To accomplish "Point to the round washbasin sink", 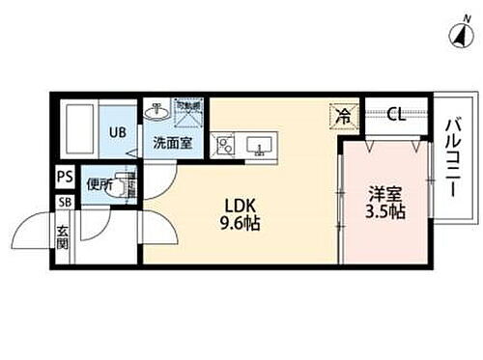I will point(154,111).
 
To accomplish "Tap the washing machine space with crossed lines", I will point(187,112).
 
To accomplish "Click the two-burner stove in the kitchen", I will point(224,147).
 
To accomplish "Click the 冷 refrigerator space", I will point(344,114).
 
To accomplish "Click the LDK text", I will point(241,206).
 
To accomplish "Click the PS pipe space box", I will point(64,178).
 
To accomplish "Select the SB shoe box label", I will point(64,202).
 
